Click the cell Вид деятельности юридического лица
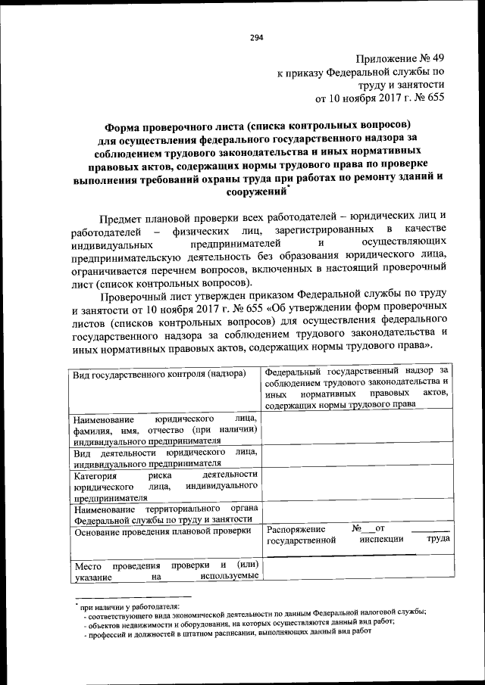pyautogui.click(x=165, y=457)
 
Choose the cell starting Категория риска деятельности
pyautogui.click(x=165, y=486)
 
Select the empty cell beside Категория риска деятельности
pyautogui.click(x=358, y=486)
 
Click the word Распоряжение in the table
pyautogui.click(x=296, y=528)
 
